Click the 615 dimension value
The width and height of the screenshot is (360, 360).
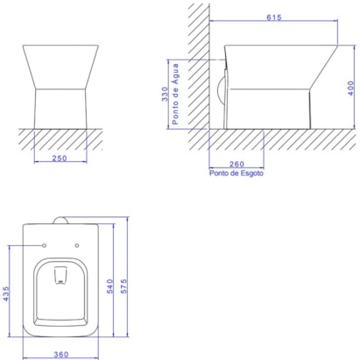pos(274,18)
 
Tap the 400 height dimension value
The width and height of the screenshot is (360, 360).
pos(350,88)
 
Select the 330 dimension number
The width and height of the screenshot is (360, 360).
pos(165,94)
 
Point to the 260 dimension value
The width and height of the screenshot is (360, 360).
pos(236,164)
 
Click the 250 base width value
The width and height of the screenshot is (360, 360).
pos(60,159)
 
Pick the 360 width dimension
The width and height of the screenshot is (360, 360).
pos(61,355)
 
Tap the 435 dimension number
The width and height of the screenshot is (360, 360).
pos(6,293)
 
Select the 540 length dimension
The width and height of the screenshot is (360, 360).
pos(109,286)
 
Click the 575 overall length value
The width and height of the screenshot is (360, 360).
pos(124,286)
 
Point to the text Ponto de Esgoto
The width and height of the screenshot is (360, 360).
pos(236,173)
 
